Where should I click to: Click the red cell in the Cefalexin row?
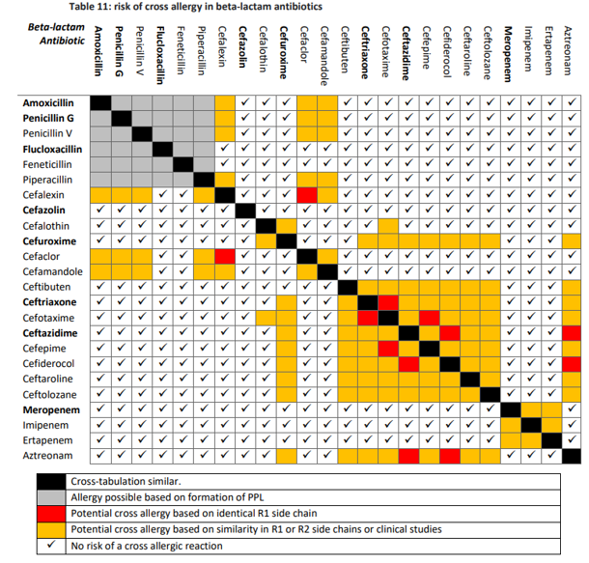point(307,195)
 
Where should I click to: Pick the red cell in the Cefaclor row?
point(225,256)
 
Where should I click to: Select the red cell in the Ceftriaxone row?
point(388,302)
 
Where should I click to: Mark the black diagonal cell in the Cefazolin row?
point(245,211)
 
